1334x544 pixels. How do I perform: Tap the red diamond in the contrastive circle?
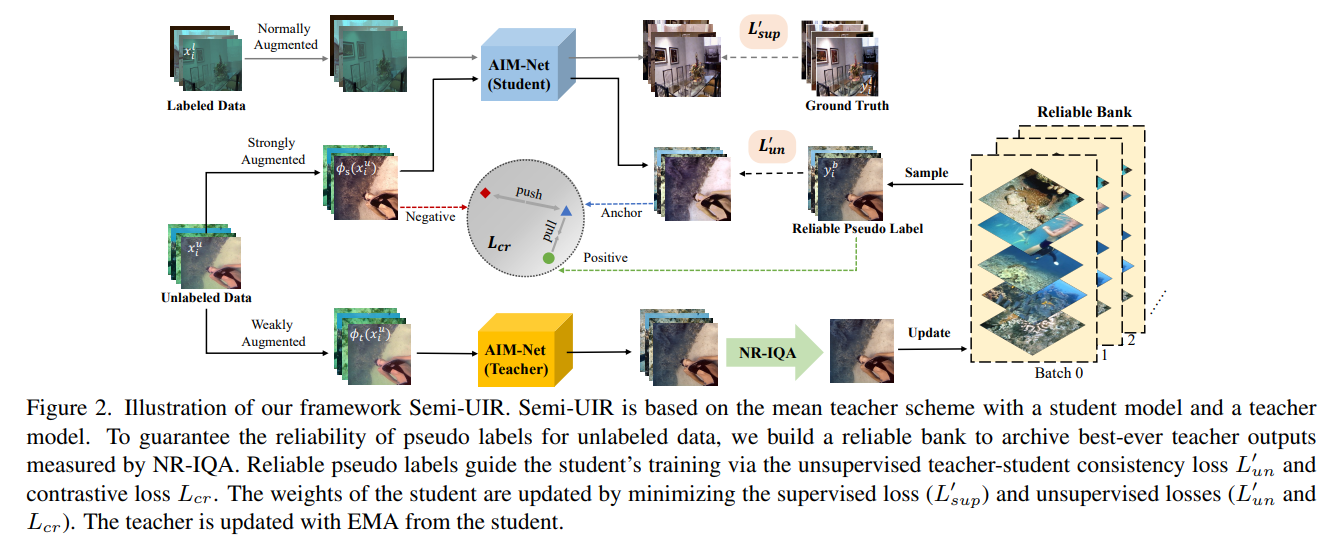485,192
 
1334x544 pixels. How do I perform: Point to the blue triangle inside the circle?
566,211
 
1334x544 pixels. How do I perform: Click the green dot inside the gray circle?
548,258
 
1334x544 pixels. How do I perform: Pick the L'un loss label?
770,146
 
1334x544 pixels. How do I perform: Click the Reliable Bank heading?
1084,111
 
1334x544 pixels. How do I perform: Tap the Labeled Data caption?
206,106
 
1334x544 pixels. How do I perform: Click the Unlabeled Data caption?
206,297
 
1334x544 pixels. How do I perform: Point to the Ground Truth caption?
846,105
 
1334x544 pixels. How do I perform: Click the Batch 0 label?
1059,373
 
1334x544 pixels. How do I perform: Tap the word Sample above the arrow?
926,172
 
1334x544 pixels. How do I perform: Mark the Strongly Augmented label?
274,151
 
